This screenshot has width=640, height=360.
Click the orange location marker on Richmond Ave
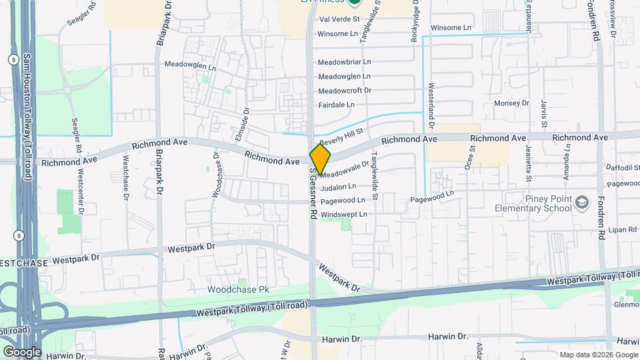(x=320, y=159)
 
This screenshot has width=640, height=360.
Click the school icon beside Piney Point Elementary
(x=582, y=202)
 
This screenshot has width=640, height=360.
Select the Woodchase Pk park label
(x=237, y=290)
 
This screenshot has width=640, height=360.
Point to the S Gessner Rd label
(x=312, y=194)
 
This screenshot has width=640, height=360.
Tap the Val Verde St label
(x=339, y=20)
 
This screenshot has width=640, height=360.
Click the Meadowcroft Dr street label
(x=344, y=91)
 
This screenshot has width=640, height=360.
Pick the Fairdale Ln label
(x=336, y=105)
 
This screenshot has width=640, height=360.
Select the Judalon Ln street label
(x=338, y=187)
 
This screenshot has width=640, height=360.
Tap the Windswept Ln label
(x=343, y=215)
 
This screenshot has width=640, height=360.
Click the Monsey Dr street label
(x=511, y=103)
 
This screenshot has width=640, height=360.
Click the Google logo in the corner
(x=22, y=351)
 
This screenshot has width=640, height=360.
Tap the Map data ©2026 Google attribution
(x=598, y=355)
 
